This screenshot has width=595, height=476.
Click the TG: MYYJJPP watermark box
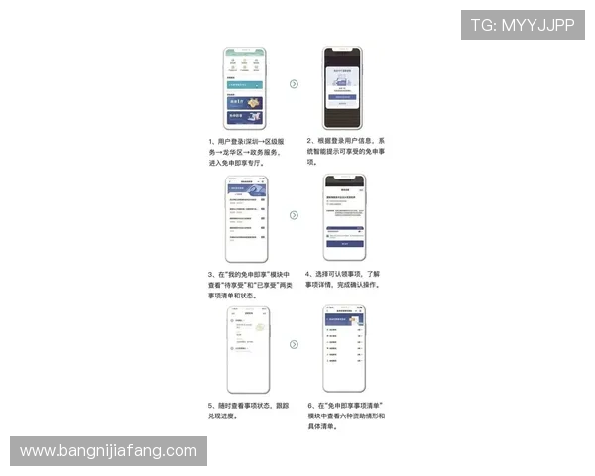[523, 25]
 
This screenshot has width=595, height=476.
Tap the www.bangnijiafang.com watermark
[110, 451]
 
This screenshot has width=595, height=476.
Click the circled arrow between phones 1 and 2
[294, 83]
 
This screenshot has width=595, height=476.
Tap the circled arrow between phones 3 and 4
[294, 214]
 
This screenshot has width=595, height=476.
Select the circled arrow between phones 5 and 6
[294, 344]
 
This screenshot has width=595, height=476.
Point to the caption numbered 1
[247, 152]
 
